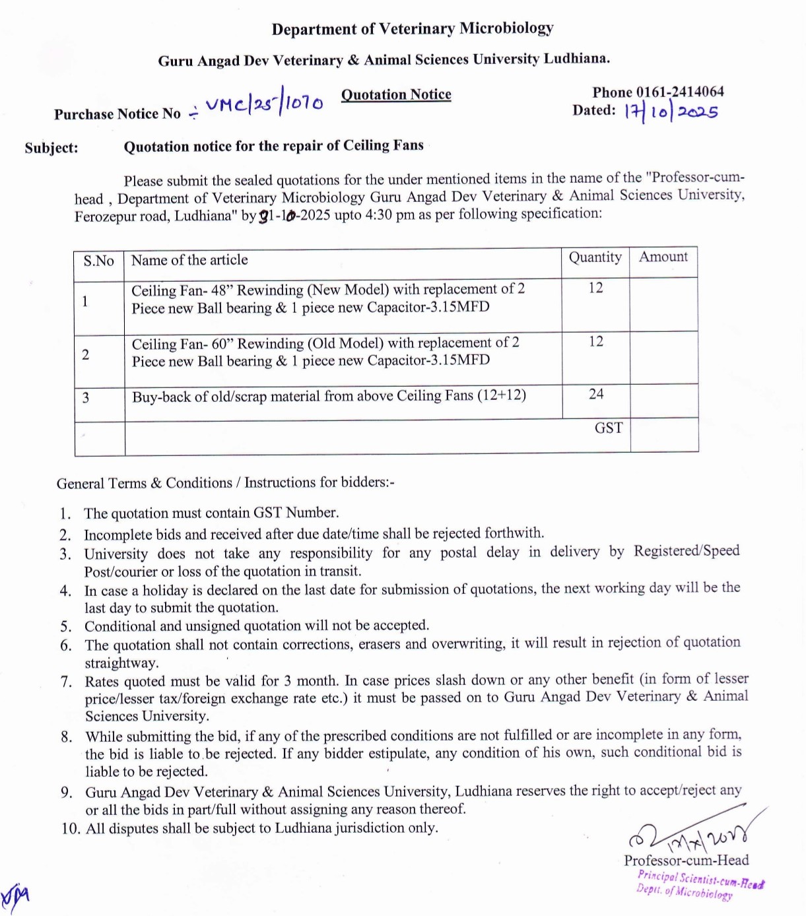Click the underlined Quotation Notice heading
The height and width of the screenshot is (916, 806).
[396, 94]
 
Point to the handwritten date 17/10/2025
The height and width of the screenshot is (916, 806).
[671, 112]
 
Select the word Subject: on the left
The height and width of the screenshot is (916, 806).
[51, 148]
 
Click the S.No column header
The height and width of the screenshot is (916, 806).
[98, 261]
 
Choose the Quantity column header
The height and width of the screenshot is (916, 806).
[595, 257]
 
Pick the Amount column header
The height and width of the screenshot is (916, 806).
[663, 257]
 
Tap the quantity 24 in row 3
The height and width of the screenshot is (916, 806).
[596, 394]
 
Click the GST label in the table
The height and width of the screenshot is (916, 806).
[608, 428]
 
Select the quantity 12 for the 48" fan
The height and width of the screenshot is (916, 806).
[596, 288]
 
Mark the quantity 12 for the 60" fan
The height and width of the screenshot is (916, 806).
[596, 341]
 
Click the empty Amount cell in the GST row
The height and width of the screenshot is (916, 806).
[664, 435]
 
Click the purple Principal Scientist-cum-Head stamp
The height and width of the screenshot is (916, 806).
[700, 884]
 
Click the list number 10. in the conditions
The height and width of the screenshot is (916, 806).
[71, 829]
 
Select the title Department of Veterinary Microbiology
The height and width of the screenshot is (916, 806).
[413, 29]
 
